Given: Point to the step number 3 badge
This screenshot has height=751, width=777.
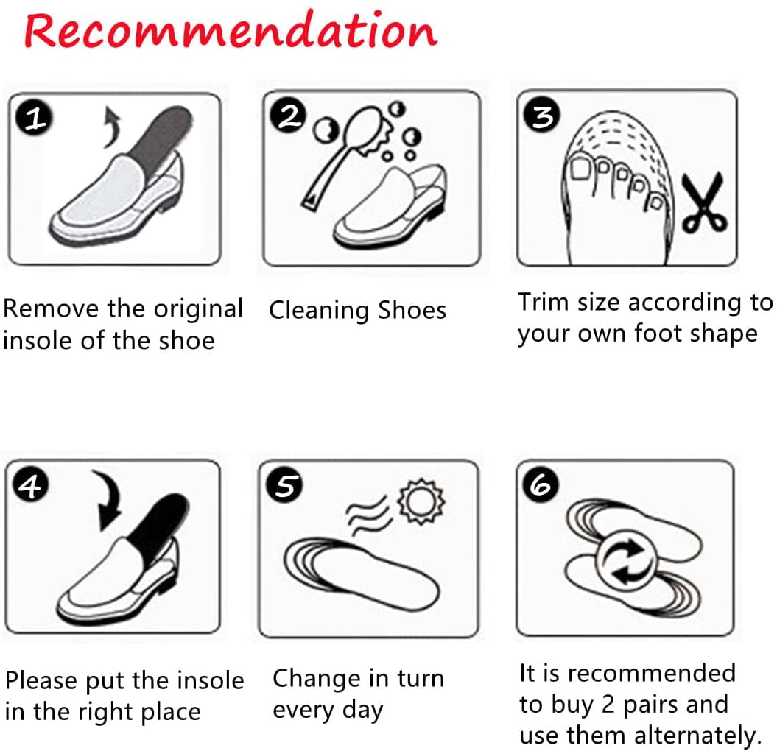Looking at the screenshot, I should (543, 116).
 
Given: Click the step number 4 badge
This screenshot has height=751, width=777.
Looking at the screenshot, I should (30, 487).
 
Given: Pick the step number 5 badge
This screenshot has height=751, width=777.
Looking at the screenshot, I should (286, 486).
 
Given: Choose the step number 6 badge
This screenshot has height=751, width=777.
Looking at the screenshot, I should (541, 484).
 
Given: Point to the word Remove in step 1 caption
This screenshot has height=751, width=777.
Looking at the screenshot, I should (52, 309).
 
